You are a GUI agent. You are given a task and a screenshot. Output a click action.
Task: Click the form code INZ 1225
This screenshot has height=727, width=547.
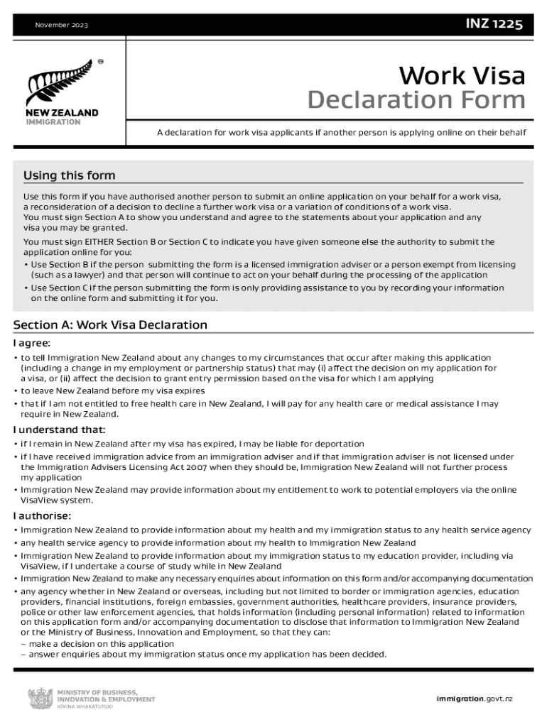pos(494,26)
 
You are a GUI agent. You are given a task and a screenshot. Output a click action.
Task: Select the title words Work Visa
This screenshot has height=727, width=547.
pos(462,75)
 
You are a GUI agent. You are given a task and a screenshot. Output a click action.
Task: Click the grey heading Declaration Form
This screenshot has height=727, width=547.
pos(416,100)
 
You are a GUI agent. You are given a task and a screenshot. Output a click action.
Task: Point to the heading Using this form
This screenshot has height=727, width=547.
pos(69,175)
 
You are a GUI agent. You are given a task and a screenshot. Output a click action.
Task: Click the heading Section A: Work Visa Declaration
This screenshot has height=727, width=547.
pos(110,325)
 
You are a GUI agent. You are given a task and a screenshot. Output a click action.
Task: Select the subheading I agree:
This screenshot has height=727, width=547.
pos(36,343)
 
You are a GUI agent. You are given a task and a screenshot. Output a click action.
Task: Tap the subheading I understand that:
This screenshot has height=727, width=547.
pos(59,430)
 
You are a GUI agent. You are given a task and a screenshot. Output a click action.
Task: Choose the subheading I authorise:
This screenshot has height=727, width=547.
pos(42,515)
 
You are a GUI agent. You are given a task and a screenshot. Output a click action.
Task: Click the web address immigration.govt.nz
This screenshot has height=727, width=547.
pos(474,699)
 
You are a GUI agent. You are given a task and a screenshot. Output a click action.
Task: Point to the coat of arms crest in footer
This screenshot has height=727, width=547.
pos(39,699)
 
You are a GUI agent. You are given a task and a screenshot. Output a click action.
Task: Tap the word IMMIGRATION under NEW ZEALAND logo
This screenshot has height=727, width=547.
pos(53,122)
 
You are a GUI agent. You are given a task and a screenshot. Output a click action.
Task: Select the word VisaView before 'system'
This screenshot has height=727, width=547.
pos(37,500)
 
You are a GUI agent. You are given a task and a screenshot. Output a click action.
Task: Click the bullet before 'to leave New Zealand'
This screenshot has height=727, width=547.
pos(16,391)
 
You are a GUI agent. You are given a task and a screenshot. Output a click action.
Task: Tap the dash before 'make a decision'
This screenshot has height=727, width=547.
pos(23,644)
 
